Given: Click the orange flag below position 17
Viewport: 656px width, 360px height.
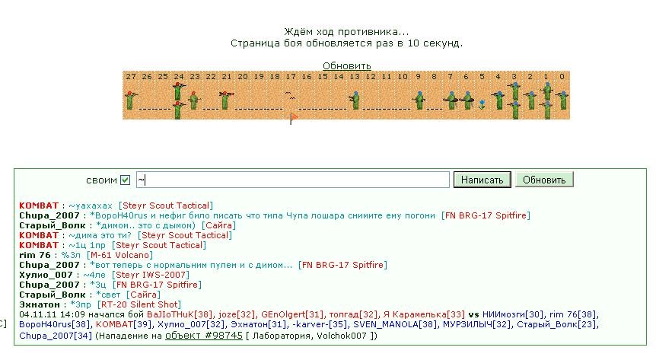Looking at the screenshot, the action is tap(293, 119).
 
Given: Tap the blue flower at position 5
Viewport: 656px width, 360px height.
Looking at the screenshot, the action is tap(482, 104).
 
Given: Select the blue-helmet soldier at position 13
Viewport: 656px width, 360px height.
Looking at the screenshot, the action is tap(355, 100).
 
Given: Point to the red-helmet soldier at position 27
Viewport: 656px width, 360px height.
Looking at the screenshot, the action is tap(130, 100).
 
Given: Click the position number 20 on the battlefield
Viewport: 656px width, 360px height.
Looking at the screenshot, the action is tap(243, 77).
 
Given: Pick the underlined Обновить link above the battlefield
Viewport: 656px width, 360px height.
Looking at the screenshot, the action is tap(346, 65).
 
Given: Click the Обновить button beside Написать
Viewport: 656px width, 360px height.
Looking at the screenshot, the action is tap(544, 180).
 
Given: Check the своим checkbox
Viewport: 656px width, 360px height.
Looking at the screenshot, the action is tap(125, 180).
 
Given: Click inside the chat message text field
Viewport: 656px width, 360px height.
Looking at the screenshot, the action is tap(293, 180).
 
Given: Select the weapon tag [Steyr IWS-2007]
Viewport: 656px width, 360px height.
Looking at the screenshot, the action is tap(151, 275).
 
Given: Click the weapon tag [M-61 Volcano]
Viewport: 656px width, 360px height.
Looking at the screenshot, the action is tap(119, 255).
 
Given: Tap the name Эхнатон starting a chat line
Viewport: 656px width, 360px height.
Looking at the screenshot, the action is tap(40, 304).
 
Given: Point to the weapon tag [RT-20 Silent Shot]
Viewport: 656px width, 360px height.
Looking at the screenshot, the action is tap(139, 304).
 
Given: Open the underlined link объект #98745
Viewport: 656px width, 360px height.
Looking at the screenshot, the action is tap(204, 336).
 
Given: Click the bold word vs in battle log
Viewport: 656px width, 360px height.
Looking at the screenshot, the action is tap(473, 314).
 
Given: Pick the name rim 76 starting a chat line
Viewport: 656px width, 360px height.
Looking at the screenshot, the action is tap(35, 255).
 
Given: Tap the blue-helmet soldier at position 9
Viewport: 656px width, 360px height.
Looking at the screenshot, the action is tap(419, 100).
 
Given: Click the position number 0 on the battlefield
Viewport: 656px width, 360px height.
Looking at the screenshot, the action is tap(562, 77).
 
